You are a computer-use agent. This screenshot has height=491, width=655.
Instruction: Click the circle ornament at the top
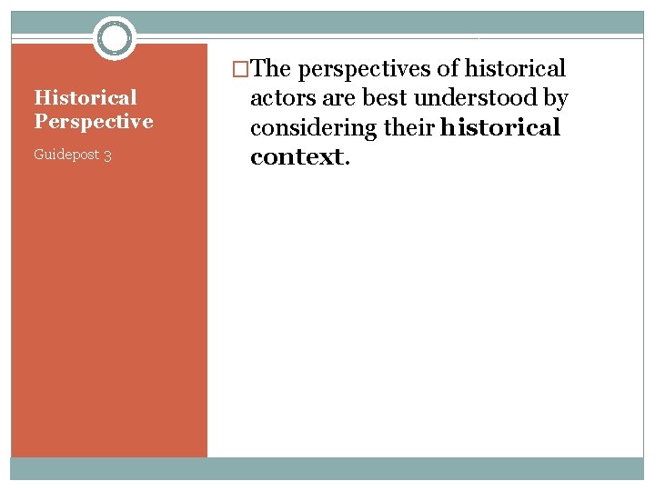click(x=115, y=38)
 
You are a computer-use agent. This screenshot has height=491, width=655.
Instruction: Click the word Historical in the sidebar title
click(x=85, y=97)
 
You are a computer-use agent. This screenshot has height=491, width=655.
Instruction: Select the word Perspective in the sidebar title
click(x=93, y=121)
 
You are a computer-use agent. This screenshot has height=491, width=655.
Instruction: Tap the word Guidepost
click(x=66, y=155)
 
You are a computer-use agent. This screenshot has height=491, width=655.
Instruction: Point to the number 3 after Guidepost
click(x=107, y=155)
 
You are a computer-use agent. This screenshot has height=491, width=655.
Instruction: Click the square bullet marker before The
click(x=241, y=69)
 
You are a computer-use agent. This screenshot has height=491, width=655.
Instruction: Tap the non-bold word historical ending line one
click(x=516, y=68)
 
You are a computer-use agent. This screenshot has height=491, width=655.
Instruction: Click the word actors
click(x=280, y=98)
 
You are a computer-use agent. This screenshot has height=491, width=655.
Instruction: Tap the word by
click(x=553, y=98)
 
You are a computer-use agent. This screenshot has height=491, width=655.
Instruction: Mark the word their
click(x=408, y=128)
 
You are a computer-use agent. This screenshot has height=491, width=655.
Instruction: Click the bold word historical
click(x=499, y=128)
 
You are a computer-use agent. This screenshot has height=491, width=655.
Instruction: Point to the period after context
click(x=346, y=162)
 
